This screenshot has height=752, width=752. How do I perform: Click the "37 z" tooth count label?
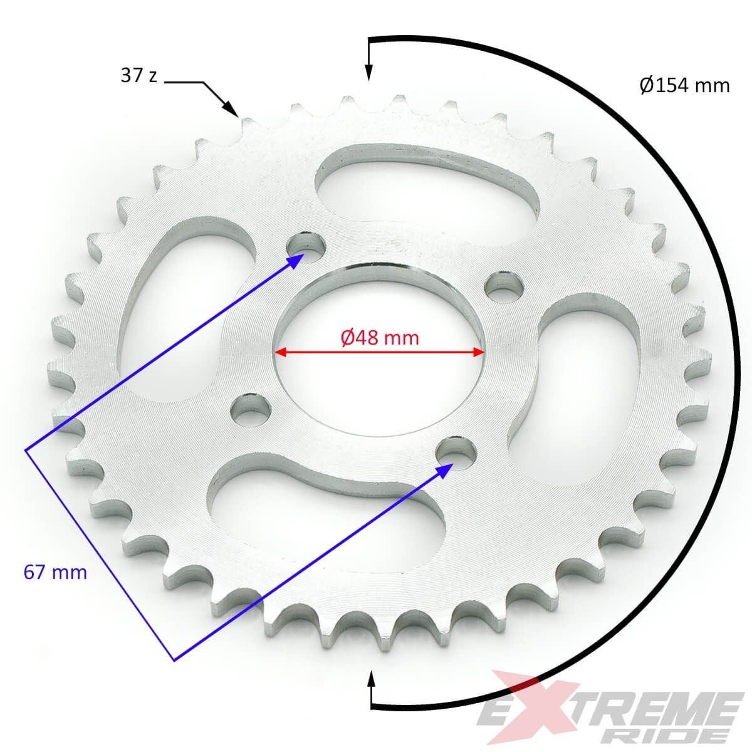(138, 76)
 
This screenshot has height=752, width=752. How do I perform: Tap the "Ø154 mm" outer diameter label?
(684, 85)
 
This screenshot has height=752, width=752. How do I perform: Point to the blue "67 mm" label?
(55, 572)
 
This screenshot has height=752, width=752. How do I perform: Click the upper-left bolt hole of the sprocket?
(305, 246)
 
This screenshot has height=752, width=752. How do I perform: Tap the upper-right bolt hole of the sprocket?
(505, 287)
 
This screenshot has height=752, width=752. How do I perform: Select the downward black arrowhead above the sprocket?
(368, 73)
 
